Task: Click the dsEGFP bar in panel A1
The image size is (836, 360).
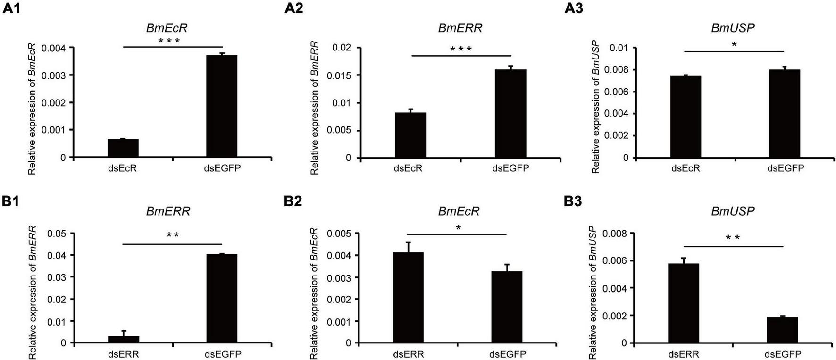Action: (x=222, y=106)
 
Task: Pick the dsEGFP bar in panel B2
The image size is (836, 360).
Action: (x=507, y=307)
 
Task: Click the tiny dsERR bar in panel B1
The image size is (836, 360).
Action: (x=123, y=340)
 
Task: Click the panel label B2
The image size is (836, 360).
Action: (x=293, y=202)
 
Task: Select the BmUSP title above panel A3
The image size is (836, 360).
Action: (x=732, y=28)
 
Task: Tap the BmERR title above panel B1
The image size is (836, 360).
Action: (x=168, y=211)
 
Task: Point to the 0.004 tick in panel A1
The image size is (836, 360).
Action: (x=54, y=48)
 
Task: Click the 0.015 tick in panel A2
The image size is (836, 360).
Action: (x=341, y=75)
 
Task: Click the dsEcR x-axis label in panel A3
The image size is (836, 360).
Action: (x=686, y=168)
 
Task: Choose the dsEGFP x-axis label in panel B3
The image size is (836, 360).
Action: (x=782, y=354)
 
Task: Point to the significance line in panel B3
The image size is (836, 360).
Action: (x=733, y=246)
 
